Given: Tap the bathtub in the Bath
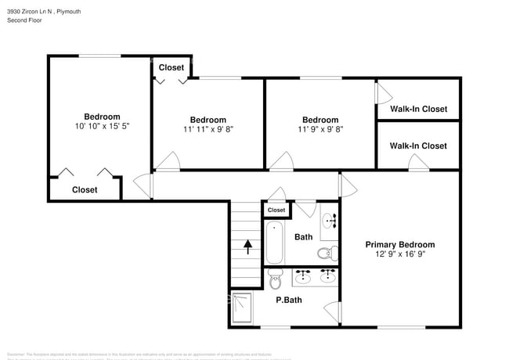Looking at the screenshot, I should pos(275,243).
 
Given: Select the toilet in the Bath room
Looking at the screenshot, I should pos(327,253).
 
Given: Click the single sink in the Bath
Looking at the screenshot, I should pos(329,219).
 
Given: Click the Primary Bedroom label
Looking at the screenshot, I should pos(399,244).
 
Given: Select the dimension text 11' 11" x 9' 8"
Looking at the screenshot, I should pos(208,129).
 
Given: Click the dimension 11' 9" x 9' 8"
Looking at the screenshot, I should pos(320,129).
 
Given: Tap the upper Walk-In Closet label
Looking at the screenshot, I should pos(418,109).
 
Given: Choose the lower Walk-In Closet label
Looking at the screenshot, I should pos(418,146).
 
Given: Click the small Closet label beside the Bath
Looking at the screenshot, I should pos(276,210).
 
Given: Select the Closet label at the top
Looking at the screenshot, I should pos(171,67).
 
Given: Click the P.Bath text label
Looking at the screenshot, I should pos(289,299).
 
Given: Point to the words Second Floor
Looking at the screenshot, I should pos(25,20).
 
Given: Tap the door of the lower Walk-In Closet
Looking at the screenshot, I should pos(418,164).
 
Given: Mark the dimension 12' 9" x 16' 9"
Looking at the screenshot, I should pos(399,254).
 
